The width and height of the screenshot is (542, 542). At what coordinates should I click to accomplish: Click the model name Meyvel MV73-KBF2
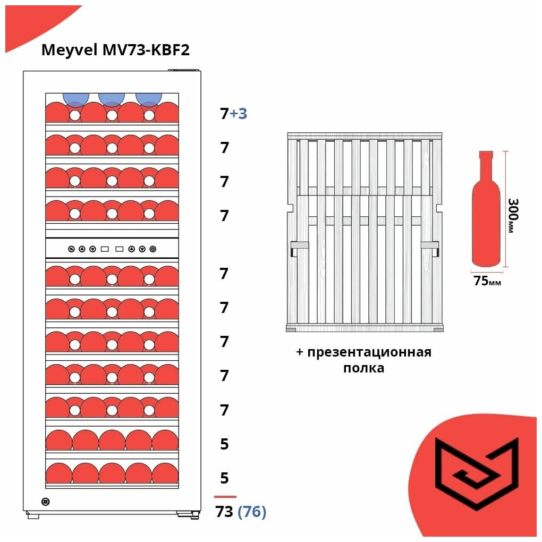[115, 50]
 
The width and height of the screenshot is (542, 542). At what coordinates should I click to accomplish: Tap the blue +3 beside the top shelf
[239, 114]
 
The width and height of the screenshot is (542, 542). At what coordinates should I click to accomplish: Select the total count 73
[224, 512]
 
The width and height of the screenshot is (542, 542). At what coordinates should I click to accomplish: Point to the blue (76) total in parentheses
[252, 512]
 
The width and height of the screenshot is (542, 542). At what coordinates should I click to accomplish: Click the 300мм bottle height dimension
[512, 215]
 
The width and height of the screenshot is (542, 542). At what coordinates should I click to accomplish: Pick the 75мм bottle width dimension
[487, 282]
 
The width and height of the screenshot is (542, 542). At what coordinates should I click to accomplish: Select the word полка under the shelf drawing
[363, 368]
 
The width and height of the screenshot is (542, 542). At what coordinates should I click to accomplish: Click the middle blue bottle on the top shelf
[112, 99]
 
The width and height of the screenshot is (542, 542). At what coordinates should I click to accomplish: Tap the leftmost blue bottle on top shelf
[76, 99]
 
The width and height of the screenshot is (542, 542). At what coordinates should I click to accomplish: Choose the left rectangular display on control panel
[105, 249]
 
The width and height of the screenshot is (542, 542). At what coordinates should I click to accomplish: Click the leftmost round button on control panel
[71, 249]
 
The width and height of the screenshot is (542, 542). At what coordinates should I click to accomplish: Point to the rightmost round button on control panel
[153, 249]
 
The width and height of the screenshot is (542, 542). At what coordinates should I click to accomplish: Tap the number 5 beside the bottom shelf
[224, 478]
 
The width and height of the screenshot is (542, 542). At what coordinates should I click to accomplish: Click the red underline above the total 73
[225, 497]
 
